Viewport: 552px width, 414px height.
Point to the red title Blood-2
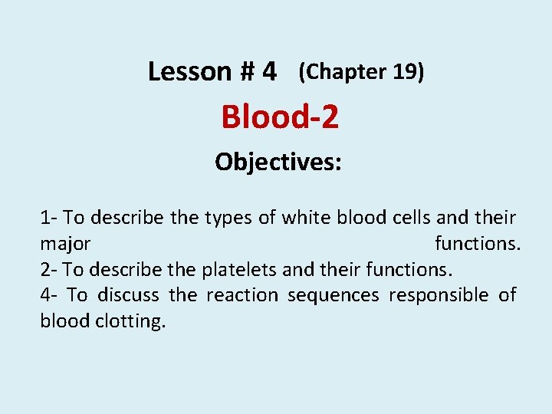280,117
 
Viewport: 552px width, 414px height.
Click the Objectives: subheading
278,162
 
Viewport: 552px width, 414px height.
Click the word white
304,219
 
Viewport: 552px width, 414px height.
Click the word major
65,245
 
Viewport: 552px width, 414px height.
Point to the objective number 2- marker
50,270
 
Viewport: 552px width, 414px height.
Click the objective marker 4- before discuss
50,295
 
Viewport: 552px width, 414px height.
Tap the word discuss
130,295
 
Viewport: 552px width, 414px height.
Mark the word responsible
438,295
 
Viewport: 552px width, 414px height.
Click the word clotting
130,321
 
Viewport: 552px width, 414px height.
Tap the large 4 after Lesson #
268,72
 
